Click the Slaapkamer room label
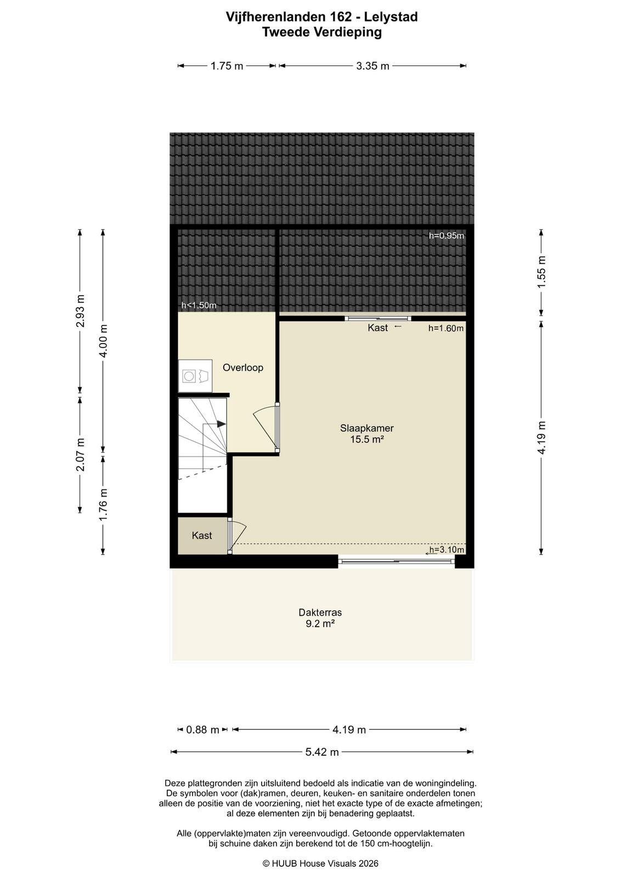tap(366, 428)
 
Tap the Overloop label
tap(243, 368)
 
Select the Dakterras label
tap(320, 612)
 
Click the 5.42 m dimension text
tap(322, 752)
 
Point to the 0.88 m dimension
tap(202, 730)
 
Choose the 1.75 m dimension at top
tap(227, 66)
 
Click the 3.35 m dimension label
tap(372, 66)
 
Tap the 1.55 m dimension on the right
tap(541, 272)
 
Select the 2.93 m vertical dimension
tap(80, 311)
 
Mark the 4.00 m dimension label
tap(103, 341)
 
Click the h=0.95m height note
tap(446, 235)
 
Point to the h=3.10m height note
tap(447, 549)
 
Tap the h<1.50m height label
tap(199, 305)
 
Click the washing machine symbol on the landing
tap(195, 376)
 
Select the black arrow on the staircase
tap(222, 424)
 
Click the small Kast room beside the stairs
tap(202, 536)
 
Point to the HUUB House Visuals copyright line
tap(320, 863)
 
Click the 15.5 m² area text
tap(366, 439)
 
